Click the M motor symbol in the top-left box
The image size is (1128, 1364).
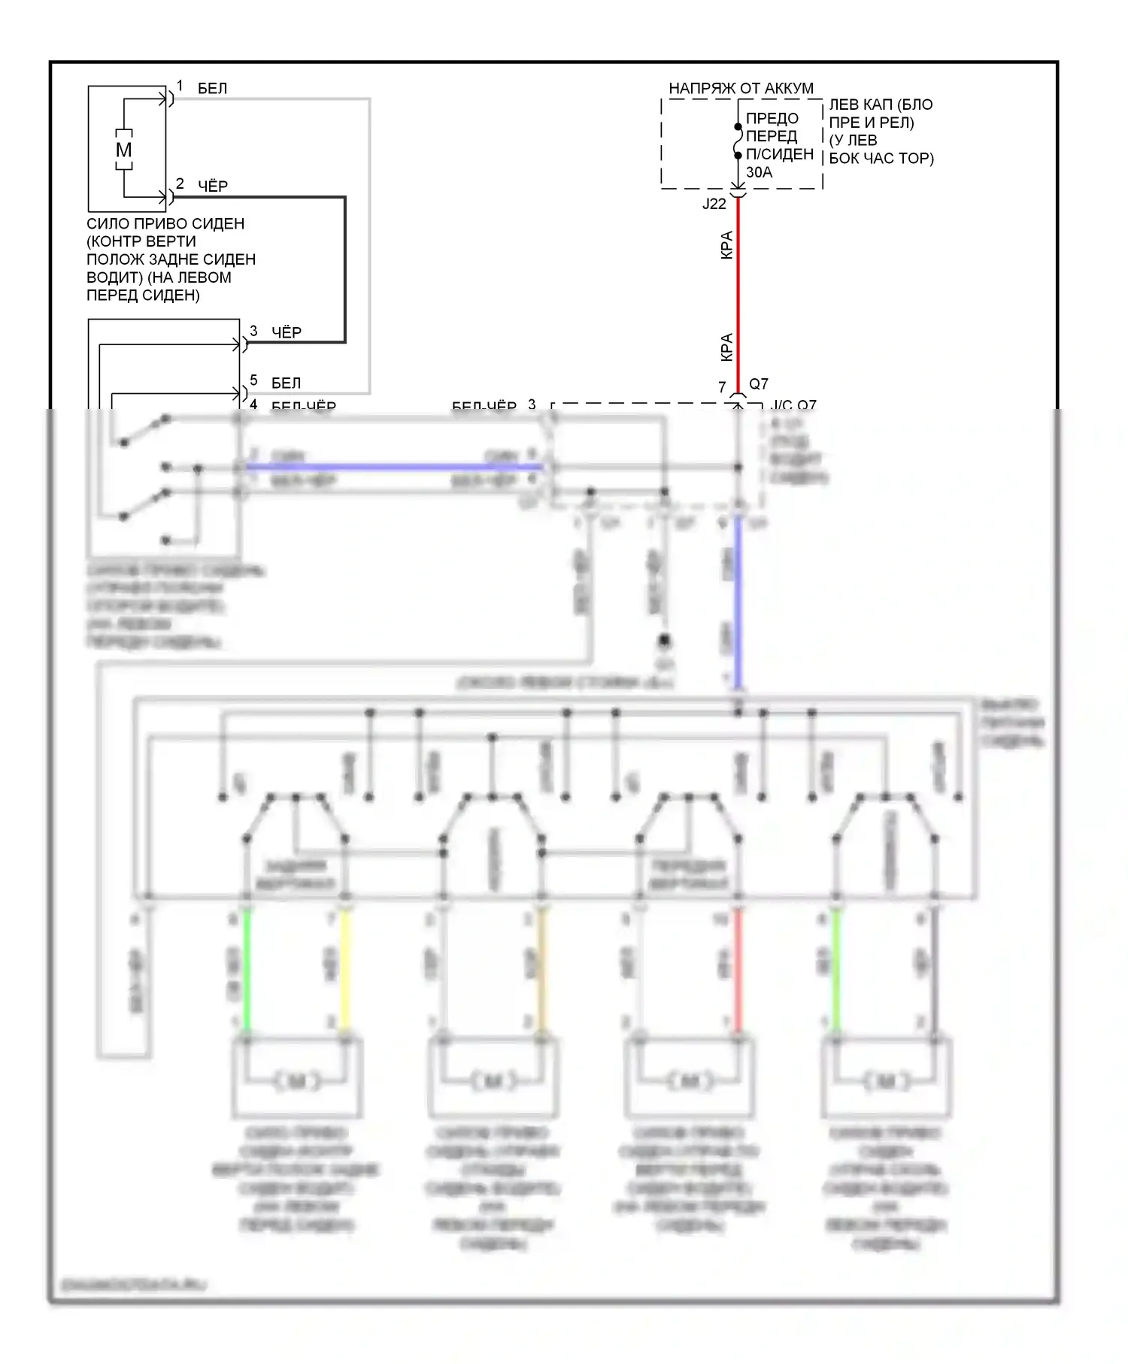123,150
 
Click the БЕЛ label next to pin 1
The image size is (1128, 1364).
212,89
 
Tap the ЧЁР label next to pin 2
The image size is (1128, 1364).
213,186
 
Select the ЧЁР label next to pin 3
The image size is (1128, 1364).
287,332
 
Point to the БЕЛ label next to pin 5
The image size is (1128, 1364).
286,383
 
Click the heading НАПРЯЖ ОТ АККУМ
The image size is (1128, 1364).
741,89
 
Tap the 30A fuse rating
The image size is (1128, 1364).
759,172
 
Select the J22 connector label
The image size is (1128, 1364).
714,204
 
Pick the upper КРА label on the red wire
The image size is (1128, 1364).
726,245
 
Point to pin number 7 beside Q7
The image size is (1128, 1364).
722,387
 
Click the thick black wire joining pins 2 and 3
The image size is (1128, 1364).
344,271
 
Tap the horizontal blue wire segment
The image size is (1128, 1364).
391,467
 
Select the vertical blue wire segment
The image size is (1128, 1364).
738,602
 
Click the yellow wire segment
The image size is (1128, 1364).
345,970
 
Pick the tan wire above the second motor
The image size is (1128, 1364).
541,970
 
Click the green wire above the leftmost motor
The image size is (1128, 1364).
247,970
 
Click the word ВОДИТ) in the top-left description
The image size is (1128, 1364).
114,277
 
